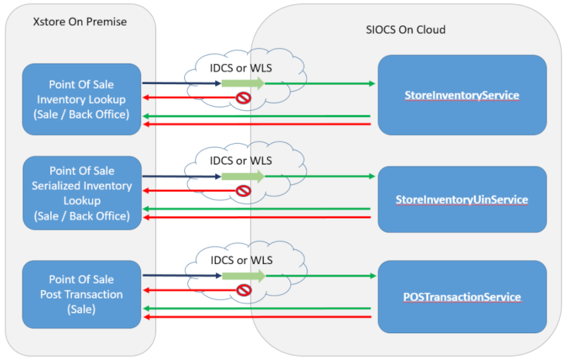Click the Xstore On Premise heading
pos(80,22)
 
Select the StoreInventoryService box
pos(462,95)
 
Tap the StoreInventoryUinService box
pos(462,200)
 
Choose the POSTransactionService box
pos(462,297)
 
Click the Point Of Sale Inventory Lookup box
pos(82,100)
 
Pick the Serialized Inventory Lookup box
pos(82,193)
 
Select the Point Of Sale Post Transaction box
pos(82,294)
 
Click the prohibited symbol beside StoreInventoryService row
pos(243,98)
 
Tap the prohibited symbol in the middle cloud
pos(243,191)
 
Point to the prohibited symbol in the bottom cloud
pos(243,290)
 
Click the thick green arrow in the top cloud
pos(242,83)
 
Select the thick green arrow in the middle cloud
pos(242,176)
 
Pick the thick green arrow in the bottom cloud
pos(242,275)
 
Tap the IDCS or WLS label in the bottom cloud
pos(241,260)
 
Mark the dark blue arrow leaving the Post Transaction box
pos(182,275)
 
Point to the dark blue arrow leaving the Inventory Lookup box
pos(182,83)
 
